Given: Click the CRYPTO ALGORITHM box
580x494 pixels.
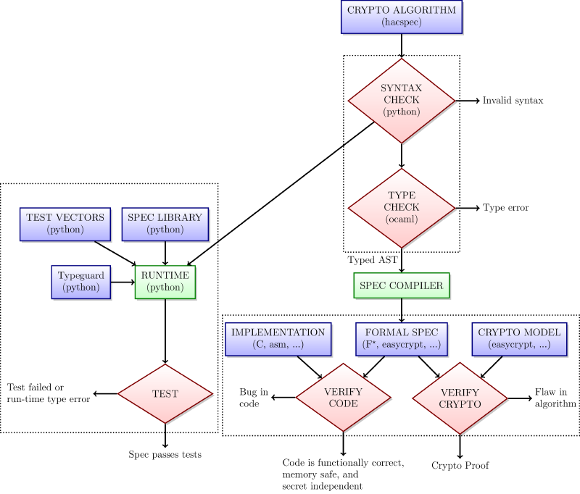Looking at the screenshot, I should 401,17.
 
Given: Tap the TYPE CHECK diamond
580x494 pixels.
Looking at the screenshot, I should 401,207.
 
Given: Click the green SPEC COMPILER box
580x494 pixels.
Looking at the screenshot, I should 401,285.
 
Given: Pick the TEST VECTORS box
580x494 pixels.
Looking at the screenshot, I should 65,223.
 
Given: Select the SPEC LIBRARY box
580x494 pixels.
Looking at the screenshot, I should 165,223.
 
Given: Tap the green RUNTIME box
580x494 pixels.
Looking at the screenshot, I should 165,281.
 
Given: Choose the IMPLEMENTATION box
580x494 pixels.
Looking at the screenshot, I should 278,338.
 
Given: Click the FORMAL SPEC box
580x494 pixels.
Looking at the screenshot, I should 401,338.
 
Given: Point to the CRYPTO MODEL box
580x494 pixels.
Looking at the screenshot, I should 518,338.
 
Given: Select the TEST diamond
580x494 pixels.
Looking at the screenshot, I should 165,394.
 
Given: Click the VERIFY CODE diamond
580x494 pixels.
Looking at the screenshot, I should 343,398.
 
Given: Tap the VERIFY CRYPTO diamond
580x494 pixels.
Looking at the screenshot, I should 460,398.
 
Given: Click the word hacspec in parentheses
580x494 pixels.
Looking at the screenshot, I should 401,23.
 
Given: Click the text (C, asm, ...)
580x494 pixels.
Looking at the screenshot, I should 278,346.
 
